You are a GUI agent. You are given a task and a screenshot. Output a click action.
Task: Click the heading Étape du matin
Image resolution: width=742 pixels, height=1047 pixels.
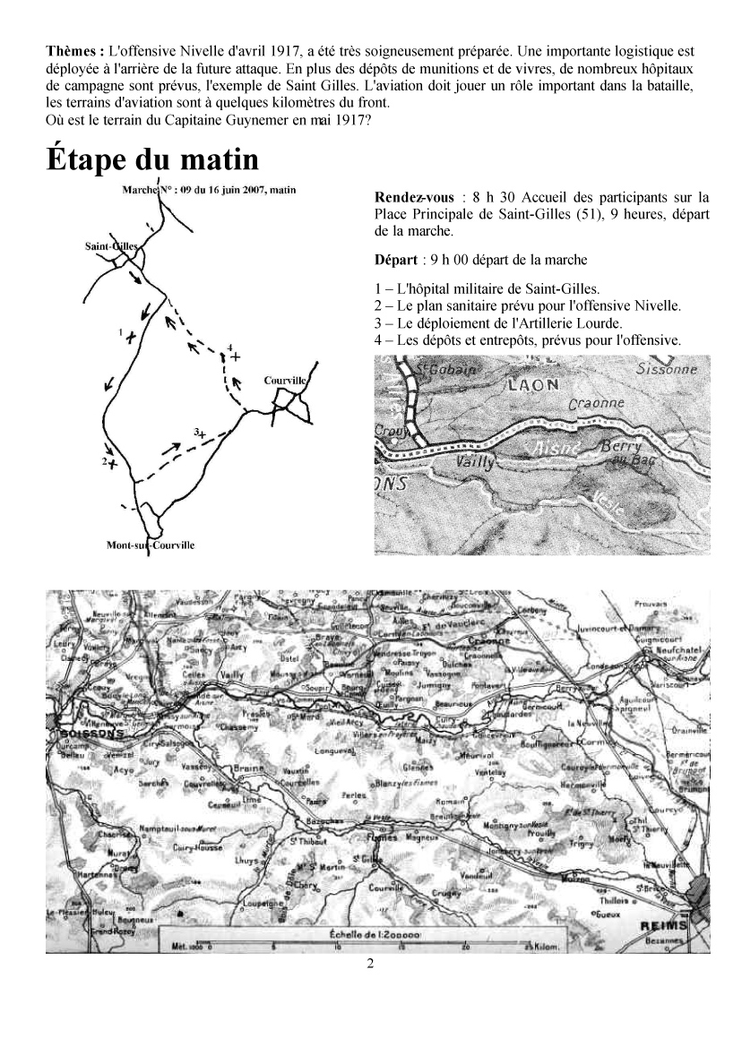point(153,160)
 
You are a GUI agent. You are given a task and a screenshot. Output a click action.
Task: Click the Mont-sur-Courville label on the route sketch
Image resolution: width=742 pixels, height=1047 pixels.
point(150,545)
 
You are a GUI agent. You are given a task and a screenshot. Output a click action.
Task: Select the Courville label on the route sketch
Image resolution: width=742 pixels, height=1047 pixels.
point(286,381)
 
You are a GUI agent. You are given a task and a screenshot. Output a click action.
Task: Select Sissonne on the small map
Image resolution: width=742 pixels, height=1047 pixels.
point(666,369)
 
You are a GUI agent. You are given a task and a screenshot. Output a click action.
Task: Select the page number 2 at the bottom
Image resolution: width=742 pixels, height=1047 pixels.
point(370,964)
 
